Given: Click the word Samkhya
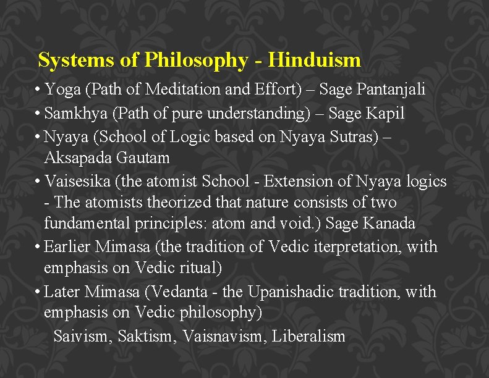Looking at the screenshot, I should (74, 114).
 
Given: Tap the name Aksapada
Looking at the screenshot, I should (78, 158).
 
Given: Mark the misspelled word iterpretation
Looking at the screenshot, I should (359, 247).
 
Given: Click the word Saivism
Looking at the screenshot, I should (82, 337).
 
